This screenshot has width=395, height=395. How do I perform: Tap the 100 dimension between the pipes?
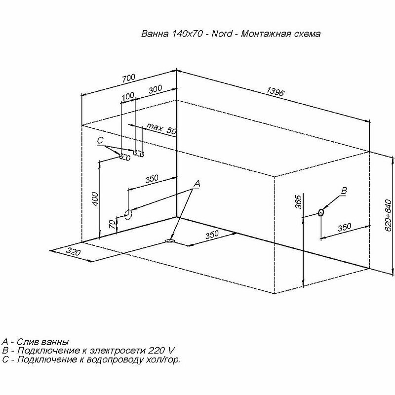(x=127, y=96)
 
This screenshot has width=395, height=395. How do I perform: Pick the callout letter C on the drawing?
(x=100, y=141)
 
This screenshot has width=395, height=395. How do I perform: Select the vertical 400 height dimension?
(x=96, y=198)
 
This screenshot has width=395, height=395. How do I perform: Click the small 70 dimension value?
(x=113, y=224)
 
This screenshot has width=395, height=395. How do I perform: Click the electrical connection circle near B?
(x=321, y=213)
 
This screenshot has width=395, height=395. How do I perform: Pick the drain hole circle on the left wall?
(x=127, y=214)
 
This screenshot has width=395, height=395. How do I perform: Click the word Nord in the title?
(x=219, y=35)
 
